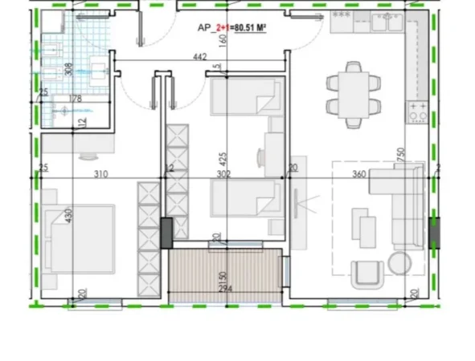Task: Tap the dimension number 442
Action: pos(202,58)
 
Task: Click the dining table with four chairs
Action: pos(352,91)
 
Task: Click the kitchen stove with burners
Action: pos(418,112)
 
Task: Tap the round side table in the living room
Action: pos(398,262)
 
